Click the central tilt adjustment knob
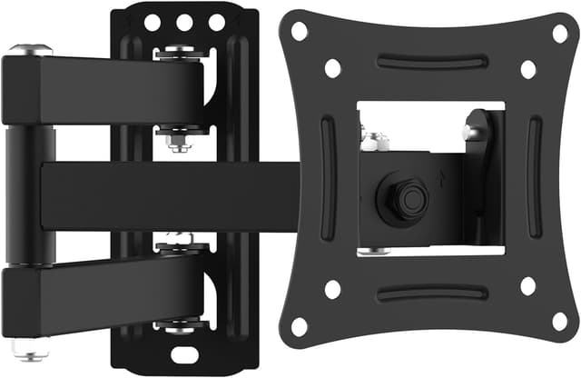pos(405,196)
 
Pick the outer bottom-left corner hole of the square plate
pos(299,325)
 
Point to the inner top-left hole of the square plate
pos(332,67)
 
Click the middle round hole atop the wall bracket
pos(185,21)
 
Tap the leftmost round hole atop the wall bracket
pos(153,21)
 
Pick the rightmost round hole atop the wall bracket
pos(217,21)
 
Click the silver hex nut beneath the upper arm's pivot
pos(178,140)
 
